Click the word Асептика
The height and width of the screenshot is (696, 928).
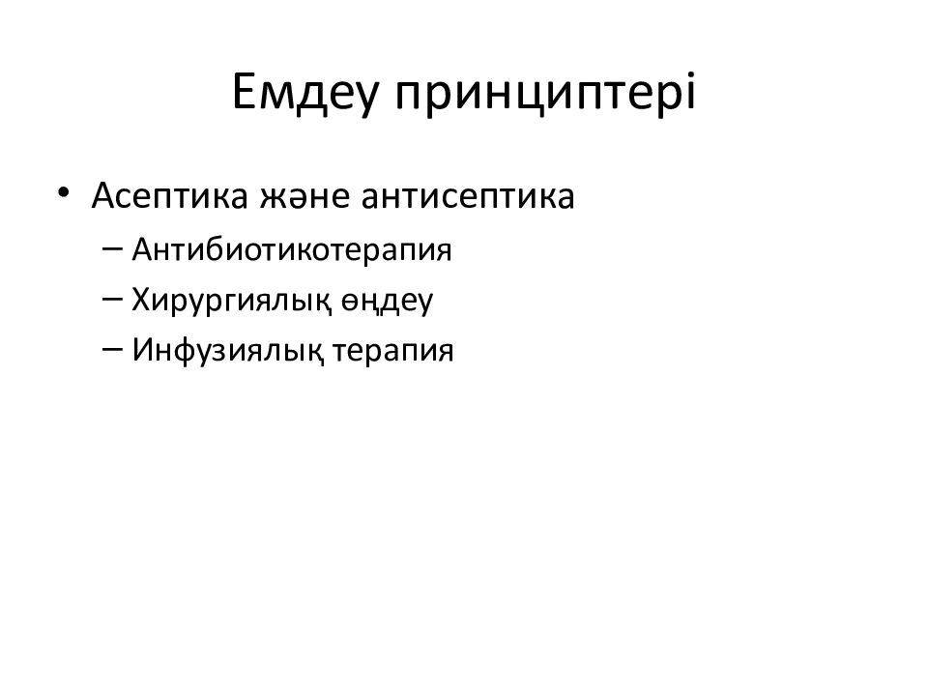[168, 197]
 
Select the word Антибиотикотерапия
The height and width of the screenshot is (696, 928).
[293, 250]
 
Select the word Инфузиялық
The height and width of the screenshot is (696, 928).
[230, 351]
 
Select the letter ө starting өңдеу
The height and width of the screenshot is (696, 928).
[350, 303]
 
